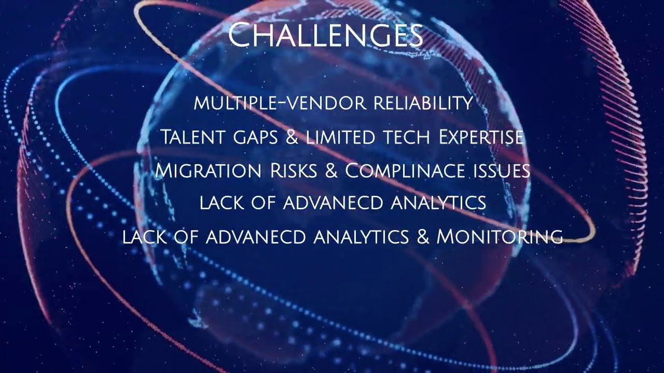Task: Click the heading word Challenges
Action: pos(325,35)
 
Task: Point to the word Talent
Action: pos(191,137)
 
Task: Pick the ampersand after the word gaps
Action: pos(293,137)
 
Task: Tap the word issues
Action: pos(501,170)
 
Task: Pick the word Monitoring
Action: pos(500,237)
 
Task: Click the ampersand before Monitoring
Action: pos(422,237)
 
